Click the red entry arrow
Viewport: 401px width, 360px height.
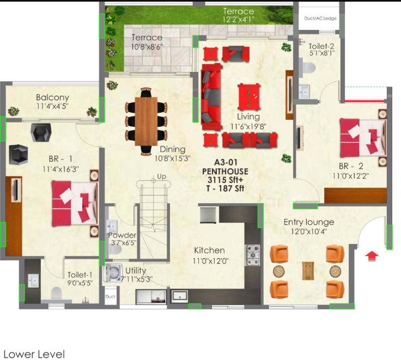point(372,255)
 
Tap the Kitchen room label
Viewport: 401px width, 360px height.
point(209,251)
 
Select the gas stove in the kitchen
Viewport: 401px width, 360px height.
point(253,253)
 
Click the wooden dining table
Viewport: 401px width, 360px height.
point(146,121)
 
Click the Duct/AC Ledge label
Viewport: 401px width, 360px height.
point(320,18)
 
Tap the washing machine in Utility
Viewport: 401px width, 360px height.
point(113,272)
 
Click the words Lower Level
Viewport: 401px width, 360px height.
point(34,354)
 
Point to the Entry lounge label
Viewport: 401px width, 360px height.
point(308,222)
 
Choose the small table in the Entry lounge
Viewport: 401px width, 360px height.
point(308,271)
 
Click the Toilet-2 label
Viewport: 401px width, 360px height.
point(321,46)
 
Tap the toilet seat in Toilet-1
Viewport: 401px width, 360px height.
point(57,295)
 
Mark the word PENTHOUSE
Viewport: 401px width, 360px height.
point(224,172)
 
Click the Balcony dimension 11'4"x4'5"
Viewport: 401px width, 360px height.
point(52,106)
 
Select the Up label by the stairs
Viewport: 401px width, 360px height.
point(161,176)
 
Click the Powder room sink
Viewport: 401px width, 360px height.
point(112,227)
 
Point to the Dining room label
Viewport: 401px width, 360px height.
point(173,149)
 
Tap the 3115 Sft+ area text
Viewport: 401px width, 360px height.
point(224,180)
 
